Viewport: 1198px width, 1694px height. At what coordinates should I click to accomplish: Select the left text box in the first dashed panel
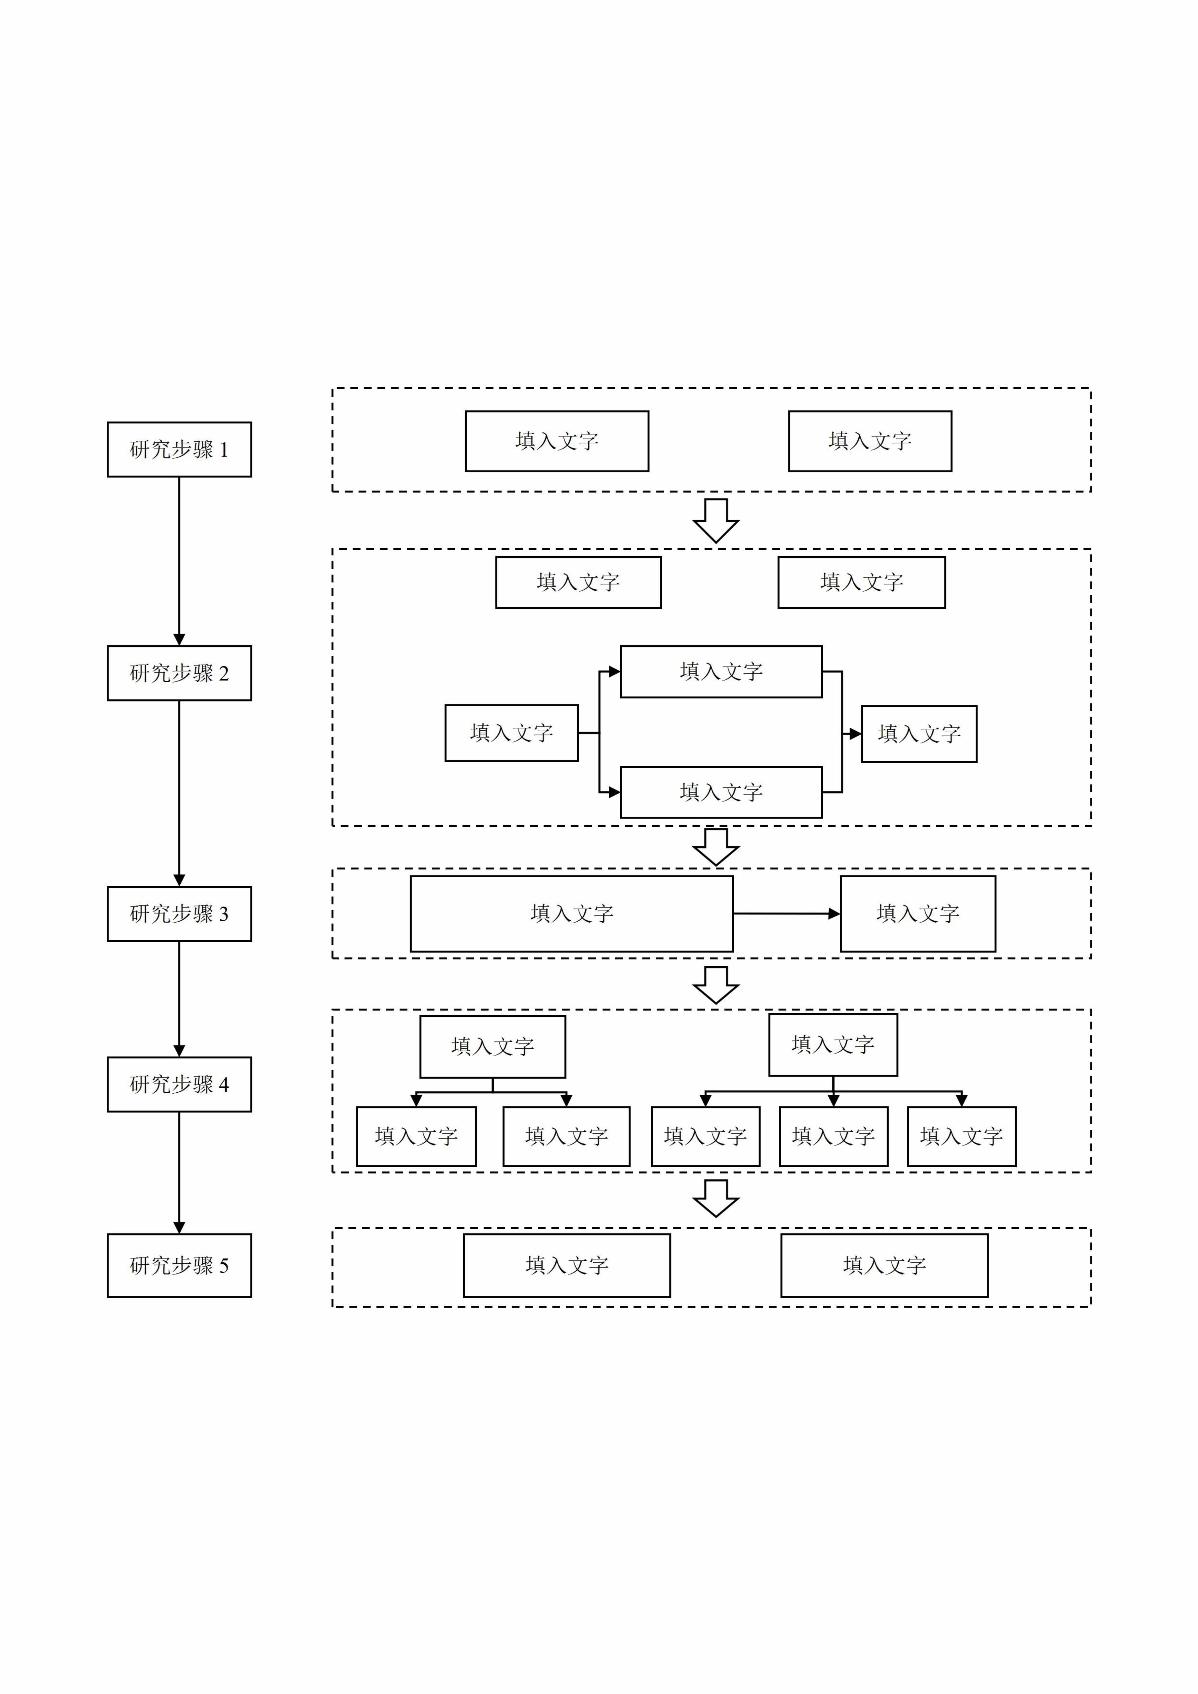556,441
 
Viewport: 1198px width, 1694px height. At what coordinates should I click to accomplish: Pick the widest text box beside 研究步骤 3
571,914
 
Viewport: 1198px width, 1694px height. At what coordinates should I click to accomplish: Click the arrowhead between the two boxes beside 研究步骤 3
834,914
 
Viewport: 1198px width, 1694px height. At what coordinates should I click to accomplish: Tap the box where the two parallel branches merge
919,733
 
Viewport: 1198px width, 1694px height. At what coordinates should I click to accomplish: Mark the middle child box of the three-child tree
833,1136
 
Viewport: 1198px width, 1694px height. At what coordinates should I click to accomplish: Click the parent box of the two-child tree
492,1046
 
